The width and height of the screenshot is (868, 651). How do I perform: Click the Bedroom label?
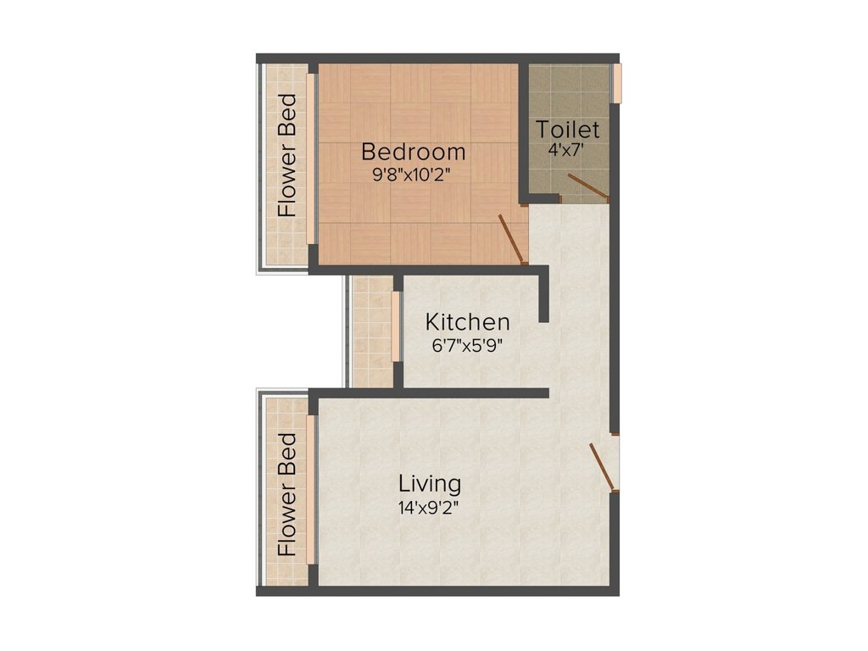tap(413, 153)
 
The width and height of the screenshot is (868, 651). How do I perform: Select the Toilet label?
tap(568, 131)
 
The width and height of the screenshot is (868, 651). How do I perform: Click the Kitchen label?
tap(467, 323)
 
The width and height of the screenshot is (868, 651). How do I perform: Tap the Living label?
tap(430, 484)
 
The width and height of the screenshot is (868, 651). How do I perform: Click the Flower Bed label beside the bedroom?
tap(287, 155)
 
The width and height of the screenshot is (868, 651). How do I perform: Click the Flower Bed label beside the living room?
tap(287, 495)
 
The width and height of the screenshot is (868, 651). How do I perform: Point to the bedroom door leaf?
tap(512, 239)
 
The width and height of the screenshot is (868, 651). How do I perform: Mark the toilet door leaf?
tap(587, 186)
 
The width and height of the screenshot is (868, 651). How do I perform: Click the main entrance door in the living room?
tap(604, 466)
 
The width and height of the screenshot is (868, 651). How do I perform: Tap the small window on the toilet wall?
tap(619, 81)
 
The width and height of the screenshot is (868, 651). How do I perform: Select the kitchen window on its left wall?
tap(395, 327)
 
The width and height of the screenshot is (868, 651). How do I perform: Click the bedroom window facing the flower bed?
tap(311, 161)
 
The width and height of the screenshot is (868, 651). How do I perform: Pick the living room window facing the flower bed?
tap(311, 489)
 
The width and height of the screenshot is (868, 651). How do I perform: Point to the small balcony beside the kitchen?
tap(370, 331)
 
